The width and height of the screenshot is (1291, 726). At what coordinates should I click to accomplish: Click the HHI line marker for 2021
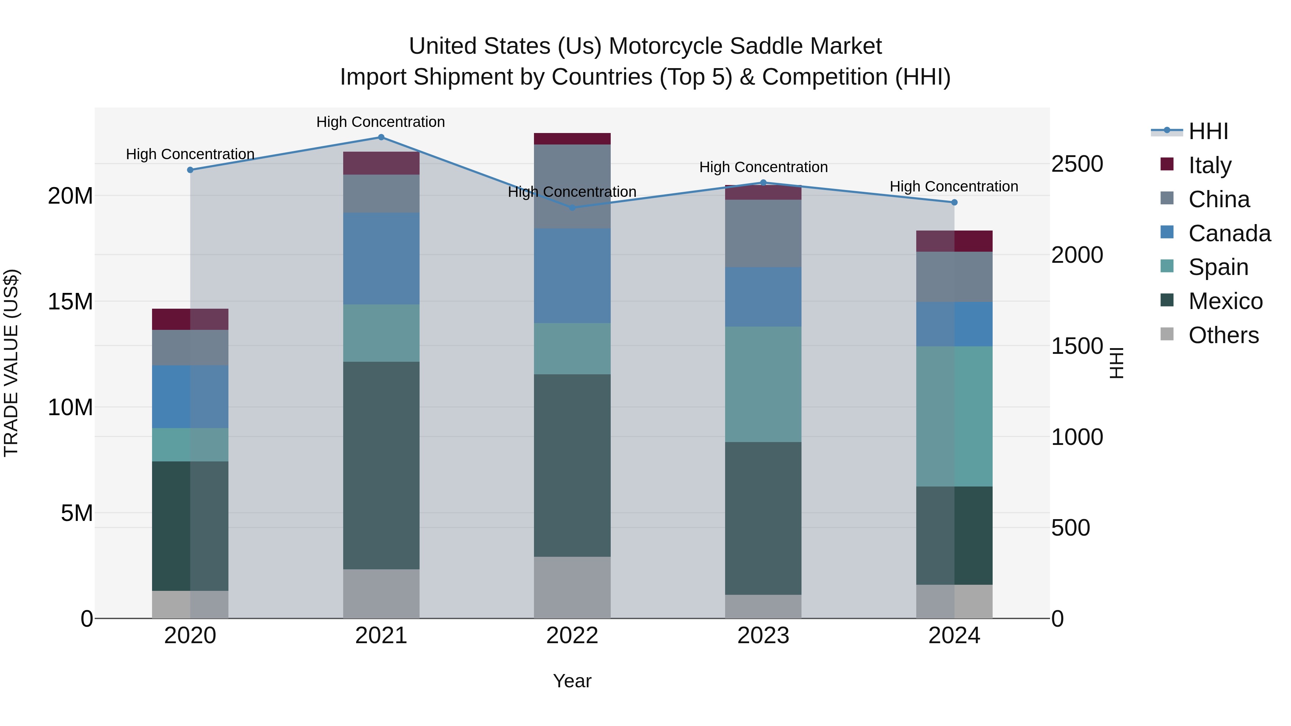(381, 137)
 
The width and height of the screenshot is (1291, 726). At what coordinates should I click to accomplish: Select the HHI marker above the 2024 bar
(954, 203)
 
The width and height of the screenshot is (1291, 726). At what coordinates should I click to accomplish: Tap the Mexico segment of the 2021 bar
(381, 465)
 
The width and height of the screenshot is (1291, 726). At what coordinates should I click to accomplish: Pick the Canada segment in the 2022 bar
(572, 276)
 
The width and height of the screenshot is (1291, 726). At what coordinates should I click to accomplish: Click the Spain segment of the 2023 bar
(763, 384)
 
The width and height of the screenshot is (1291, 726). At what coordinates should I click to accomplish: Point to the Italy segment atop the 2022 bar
(572, 139)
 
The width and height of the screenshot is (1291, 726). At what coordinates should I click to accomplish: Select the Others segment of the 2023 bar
(763, 606)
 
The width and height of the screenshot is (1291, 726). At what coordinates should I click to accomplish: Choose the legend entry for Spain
(1218, 267)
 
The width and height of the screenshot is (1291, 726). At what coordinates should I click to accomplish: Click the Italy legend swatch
(1167, 164)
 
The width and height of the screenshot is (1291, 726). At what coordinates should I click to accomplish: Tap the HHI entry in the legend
(1208, 131)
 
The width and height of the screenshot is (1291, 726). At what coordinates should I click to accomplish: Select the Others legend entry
(1223, 335)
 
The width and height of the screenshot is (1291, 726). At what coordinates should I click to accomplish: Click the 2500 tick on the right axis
(1077, 164)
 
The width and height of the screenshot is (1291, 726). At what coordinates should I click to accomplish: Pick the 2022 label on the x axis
(572, 636)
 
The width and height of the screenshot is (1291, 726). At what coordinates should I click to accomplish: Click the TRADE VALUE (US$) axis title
(11, 363)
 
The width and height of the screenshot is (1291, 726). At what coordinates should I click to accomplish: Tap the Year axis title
(572, 681)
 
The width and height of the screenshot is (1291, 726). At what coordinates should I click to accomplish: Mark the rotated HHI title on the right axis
(1117, 363)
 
